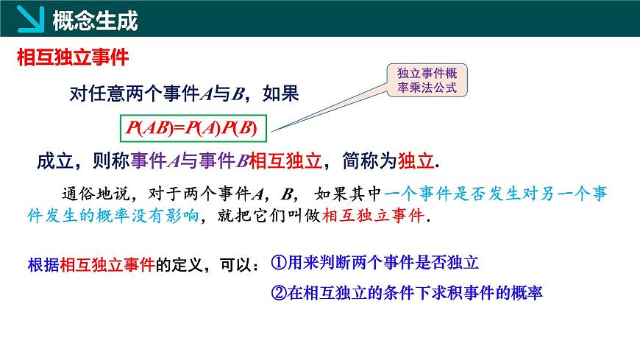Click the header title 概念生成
[95, 21]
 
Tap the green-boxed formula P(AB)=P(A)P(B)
[191, 128]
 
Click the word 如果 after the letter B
[281, 94]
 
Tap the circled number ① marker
[278, 262]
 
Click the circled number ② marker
[278, 292]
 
